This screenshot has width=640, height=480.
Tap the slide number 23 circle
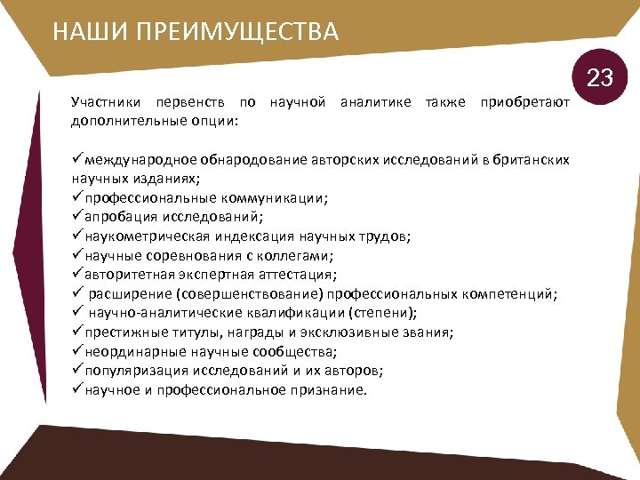601,78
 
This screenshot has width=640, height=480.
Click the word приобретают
524,103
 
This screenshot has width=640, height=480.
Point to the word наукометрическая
148,236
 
